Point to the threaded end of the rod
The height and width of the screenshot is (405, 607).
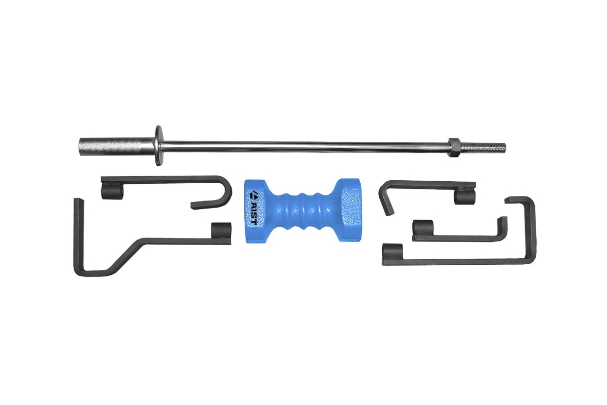482,147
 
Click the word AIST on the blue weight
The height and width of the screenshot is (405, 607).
255,209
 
